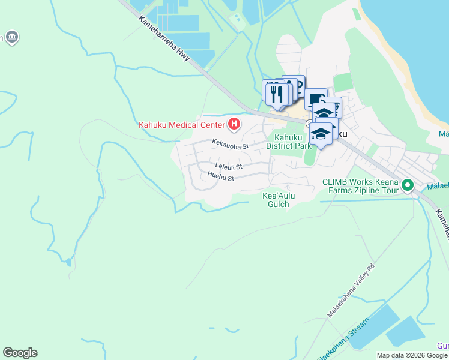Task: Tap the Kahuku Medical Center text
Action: tap(181, 125)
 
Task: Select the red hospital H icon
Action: tap(234, 125)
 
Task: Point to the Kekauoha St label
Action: tap(229, 145)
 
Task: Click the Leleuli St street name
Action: tap(229, 166)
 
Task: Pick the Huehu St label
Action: tap(220, 177)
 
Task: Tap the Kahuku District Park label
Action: tap(289, 142)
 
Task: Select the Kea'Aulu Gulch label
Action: tap(276, 200)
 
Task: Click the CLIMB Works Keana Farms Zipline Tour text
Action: tap(360, 186)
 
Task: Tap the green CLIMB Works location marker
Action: tap(408, 185)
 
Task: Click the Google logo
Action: tap(20, 353)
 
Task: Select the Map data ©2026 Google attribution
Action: tap(412, 355)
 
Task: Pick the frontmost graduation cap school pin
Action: tap(321, 134)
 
